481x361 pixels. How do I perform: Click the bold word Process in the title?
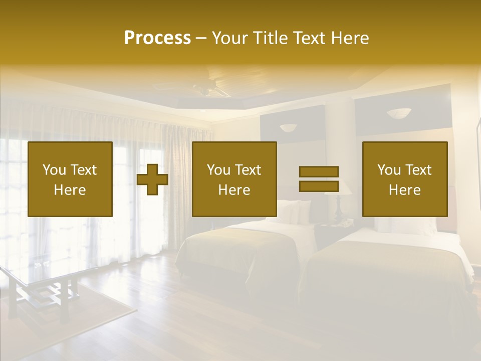pyautogui.click(x=157, y=38)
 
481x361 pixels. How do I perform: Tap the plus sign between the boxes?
pyautogui.click(x=152, y=179)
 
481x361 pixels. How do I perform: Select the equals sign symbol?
pyautogui.click(x=319, y=179)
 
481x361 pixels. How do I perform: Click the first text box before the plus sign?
pyautogui.click(x=70, y=179)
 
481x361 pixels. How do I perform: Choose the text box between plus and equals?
pyautogui.click(x=234, y=179)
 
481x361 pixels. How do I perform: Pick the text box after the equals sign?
pyautogui.click(x=404, y=179)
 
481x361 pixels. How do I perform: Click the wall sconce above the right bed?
pyautogui.click(x=399, y=113)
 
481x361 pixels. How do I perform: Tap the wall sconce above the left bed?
pyautogui.click(x=288, y=128)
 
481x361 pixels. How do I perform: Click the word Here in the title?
pyautogui.click(x=349, y=38)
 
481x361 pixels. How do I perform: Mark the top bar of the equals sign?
pyautogui.click(x=319, y=172)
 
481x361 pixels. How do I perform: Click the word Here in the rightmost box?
pyautogui.click(x=404, y=190)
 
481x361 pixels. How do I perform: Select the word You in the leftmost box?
pyautogui.click(x=54, y=170)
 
